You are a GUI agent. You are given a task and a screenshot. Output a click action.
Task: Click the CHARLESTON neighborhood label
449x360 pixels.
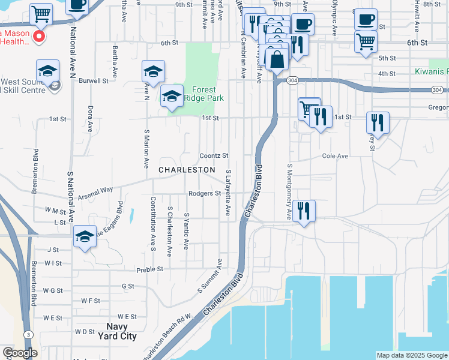tap(187, 170)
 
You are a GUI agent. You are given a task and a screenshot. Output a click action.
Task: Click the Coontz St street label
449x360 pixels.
tap(214, 155)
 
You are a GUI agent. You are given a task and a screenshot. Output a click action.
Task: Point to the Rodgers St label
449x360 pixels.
tap(205, 193)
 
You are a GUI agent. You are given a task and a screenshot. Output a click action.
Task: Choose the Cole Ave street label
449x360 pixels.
tap(335, 156)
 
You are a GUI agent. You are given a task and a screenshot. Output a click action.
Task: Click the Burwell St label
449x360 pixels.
tap(93, 80)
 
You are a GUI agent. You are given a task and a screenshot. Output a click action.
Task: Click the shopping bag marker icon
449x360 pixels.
tap(277, 60)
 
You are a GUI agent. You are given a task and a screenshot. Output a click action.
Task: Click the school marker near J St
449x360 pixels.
tap(85, 235)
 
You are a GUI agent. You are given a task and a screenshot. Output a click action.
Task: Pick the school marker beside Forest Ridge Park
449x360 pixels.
tap(172, 95)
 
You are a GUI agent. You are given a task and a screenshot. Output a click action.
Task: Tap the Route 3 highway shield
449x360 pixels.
tap(28, 334)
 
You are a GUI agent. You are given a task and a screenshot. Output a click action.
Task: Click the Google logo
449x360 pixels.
tap(20, 353)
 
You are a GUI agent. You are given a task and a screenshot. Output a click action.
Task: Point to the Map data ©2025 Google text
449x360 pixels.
tap(412, 355)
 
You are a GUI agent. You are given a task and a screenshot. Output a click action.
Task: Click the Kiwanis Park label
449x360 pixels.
tap(431, 71)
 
